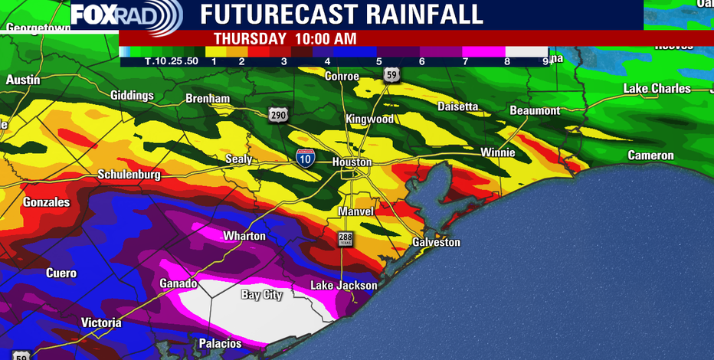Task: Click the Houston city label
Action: coord(352,162)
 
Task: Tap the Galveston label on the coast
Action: coord(437,242)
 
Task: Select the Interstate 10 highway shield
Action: coord(305,159)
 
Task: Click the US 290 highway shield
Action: coord(279,115)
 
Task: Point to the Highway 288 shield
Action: coord(346,239)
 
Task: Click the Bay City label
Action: coord(262,295)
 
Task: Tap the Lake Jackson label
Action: coord(343,286)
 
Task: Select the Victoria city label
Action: coord(101,323)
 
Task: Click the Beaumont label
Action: coord(535,111)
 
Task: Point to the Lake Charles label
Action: coord(657,89)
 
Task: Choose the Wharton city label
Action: coord(244,236)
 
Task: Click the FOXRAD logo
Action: coord(126,15)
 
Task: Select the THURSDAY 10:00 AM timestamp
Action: coord(285,38)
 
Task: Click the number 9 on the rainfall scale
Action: coord(545,61)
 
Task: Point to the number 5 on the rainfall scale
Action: coord(378,61)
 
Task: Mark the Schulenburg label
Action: coord(129,175)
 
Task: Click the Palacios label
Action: coord(220,343)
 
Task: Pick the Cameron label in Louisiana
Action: coord(650,155)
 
